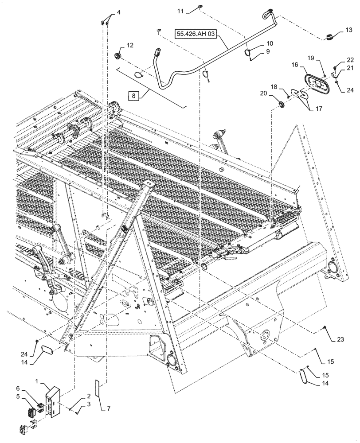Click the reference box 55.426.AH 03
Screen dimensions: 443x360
point(196,35)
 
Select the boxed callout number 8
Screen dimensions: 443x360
point(133,95)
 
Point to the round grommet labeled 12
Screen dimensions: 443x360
point(118,56)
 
